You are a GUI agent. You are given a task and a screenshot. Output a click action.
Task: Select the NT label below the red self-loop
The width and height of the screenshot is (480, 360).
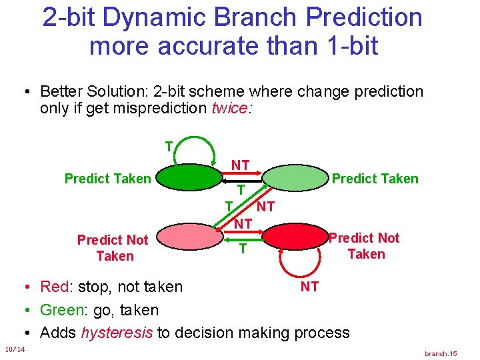click(309, 287)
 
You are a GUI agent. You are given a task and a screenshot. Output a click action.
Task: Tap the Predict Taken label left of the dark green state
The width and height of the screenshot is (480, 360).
click(107, 178)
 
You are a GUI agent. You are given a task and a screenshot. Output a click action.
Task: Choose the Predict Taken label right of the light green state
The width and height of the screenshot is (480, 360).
click(375, 178)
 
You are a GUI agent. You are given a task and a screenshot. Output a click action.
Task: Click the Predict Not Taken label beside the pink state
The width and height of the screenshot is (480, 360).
click(113, 247)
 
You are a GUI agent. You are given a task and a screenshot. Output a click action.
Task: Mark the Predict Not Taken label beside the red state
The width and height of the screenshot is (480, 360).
click(365, 245)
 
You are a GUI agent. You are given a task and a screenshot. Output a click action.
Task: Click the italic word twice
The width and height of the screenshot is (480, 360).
click(229, 109)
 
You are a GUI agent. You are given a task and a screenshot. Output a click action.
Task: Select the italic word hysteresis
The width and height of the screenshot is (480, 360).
click(116, 333)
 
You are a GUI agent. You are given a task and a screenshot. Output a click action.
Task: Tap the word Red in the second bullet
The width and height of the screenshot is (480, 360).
click(54, 287)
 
